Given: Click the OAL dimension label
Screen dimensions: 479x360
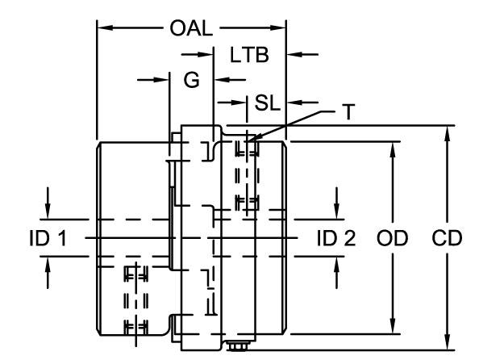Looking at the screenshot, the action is point(191,28).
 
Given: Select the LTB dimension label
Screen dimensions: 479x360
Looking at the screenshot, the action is point(249,55).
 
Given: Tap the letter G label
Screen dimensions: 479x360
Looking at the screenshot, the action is point(192,80).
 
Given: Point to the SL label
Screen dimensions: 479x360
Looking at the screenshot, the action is point(267,103).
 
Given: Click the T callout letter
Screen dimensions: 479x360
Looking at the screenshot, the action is point(348,112).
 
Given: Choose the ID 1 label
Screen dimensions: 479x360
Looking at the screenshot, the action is point(48,238).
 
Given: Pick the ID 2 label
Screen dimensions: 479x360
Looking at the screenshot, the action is point(336,238).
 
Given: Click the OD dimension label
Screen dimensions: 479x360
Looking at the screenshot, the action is point(392,238).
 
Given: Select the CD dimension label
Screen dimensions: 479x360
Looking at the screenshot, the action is point(447,238).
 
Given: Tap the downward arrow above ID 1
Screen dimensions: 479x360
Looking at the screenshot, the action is point(48,203).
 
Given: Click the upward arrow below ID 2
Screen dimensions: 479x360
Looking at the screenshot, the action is point(336,272).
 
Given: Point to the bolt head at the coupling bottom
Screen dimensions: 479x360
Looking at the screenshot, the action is point(238,346).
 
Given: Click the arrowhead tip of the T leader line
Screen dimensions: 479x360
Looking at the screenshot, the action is point(248,140).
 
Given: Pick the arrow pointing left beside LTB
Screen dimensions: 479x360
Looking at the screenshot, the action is point(303,55).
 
